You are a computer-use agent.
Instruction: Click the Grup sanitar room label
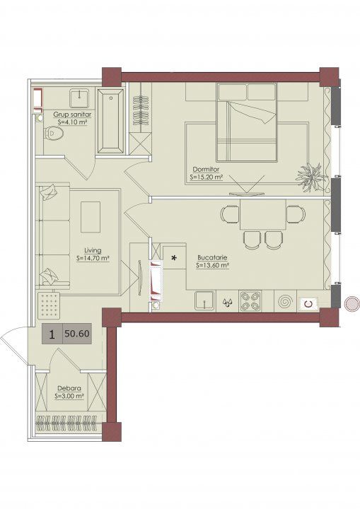(72, 115)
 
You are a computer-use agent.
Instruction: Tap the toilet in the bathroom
(54, 134)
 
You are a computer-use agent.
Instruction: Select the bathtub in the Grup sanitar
(111, 120)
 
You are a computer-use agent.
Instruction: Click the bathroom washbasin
(80, 98)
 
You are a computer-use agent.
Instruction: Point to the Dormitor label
(206, 170)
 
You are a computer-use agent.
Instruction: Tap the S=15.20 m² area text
(207, 177)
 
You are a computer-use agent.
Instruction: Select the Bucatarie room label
(212, 257)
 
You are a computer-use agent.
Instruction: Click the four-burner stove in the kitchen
(250, 302)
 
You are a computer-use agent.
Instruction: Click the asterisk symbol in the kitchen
(174, 259)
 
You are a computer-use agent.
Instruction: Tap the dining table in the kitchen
(263, 215)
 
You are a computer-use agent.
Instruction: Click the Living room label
(93, 250)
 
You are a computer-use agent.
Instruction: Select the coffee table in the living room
(91, 217)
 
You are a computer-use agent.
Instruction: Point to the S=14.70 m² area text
(93, 259)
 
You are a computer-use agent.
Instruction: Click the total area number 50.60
(77, 334)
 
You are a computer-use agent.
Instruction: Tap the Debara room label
(69, 388)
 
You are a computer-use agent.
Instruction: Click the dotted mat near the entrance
(49, 305)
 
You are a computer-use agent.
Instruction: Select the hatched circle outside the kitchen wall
(352, 304)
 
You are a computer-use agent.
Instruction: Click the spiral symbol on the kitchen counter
(285, 302)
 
